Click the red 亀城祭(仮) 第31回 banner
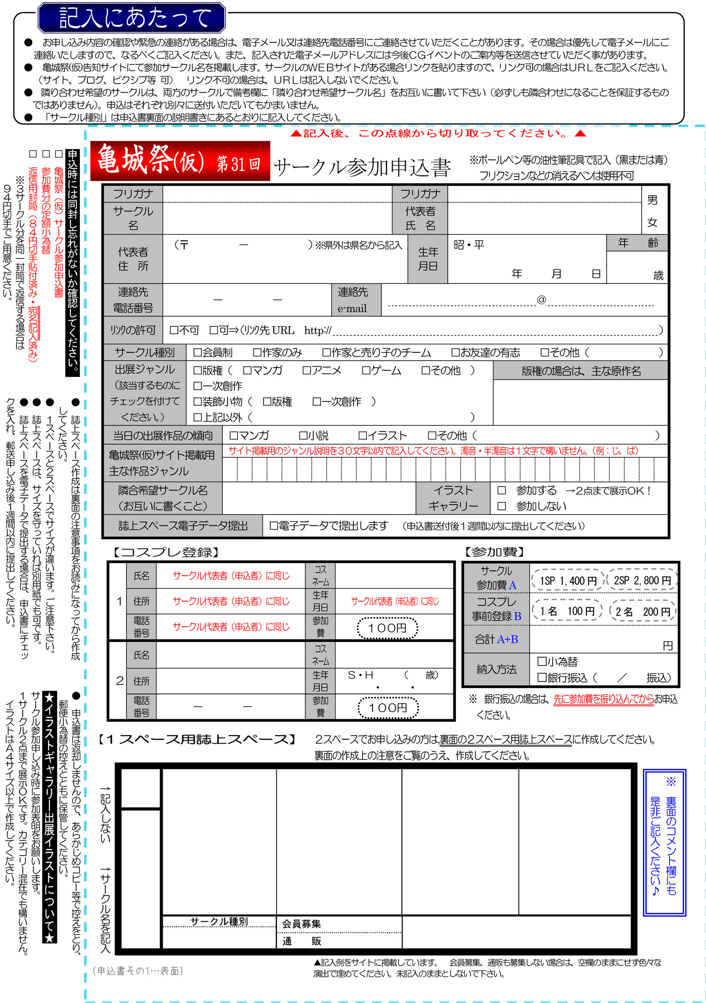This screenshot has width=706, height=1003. pyautogui.click(x=180, y=161)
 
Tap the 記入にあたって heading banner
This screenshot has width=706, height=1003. pyautogui.click(x=132, y=18)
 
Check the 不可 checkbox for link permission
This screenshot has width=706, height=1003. pyautogui.click(x=173, y=330)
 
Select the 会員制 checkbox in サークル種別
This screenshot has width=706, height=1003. pyautogui.click(x=197, y=352)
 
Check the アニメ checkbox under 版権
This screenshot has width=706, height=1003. pyautogui.click(x=306, y=370)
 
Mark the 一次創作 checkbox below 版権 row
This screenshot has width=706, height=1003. pyautogui.click(x=197, y=386)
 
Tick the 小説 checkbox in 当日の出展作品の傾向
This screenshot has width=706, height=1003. pyautogui.click(x=303, y=436)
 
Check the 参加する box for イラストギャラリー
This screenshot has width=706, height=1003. pyautogui.click(x=501, y=490)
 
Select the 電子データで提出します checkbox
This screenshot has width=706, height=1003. pyautogui.click(x=274, y=526)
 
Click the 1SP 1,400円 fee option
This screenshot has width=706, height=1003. pyautogui.click(x=567, y=581)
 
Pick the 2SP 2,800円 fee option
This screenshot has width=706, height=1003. pyautogui.click(x=642, y=580)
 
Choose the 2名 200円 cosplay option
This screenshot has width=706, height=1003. pyautogui.click(x=642, y=611)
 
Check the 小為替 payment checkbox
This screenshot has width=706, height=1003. pyautogui.click(x=542, y=661)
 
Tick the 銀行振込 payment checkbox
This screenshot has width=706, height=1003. pyautogui.click(x=542, y=678)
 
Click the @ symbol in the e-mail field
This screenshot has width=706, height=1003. pyautogui.click(x=541, y=300)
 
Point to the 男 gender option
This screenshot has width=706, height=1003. pyautogui.click(x=652, y=200)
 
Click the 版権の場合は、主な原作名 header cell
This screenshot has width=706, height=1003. pyautogui.click(x=581, y=371)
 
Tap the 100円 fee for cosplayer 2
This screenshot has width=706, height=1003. pyautogui.click(x=387, y=708)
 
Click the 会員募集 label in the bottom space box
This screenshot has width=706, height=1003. pyautogui.click(x=301, y=924)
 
